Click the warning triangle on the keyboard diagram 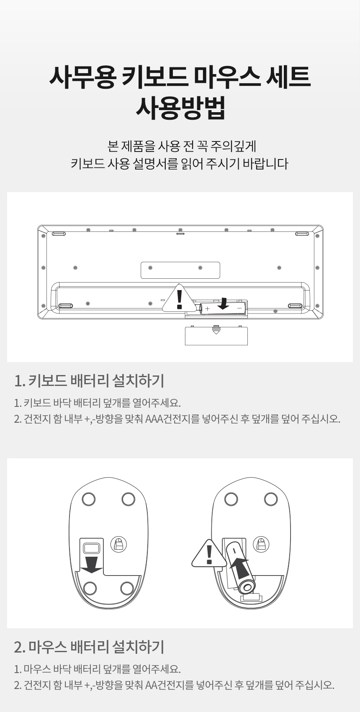(180, 299)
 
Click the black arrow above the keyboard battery (225, 303)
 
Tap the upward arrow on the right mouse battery (239, 568)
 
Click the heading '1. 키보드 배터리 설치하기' (89, 380)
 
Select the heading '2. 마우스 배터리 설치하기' (89, 647)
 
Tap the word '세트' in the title (288, 77)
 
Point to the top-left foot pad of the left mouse (88, 499)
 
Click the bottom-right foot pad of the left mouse (127, 588)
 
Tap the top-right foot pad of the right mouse (271, 499)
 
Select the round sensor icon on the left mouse (118, 545)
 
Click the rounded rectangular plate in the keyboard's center (180, 270)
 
